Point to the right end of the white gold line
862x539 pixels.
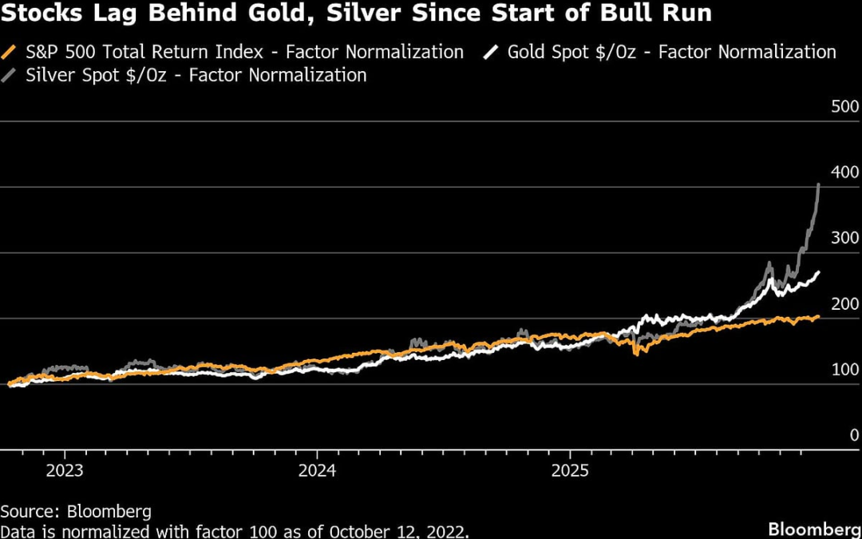tap(819, 273)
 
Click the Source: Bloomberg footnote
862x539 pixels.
tap(76, 511)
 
